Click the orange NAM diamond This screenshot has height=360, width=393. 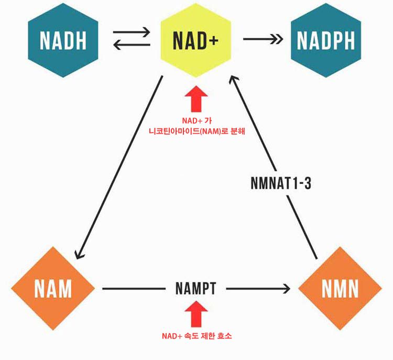point(52,288)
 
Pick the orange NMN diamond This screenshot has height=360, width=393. point(340,288)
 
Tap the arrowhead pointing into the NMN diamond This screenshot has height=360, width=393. point(286,288)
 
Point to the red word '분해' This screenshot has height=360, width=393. point(237,131)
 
